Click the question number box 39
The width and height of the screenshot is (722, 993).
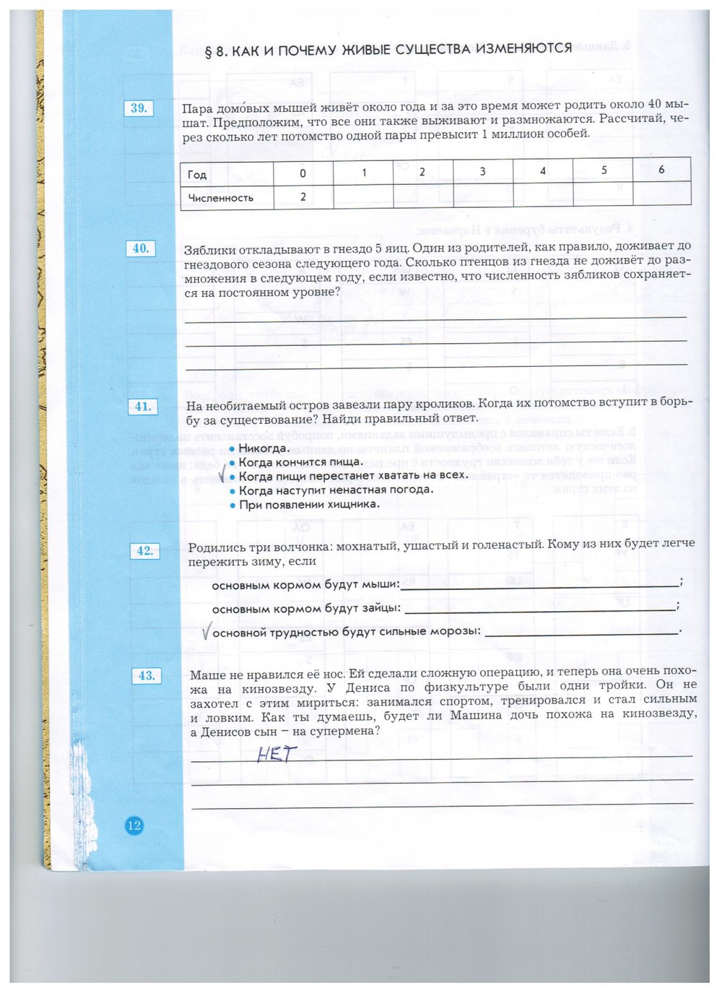139,108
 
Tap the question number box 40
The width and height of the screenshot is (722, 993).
141,248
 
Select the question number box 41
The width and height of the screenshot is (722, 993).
143,407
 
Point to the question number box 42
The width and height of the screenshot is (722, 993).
144,551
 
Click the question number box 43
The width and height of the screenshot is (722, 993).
147,676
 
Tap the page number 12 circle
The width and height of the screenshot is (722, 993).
134,825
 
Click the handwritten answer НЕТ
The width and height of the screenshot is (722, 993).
277,755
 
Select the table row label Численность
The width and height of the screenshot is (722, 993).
220,198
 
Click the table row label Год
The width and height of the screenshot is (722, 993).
197,175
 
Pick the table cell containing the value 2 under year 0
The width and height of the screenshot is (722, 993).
303,196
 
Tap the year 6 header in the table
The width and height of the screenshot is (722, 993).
661,170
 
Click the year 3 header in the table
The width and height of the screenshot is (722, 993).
482,172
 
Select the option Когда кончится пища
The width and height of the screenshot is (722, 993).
300,462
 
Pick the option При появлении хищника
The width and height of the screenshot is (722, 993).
309,505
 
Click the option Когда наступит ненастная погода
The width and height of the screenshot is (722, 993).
336,490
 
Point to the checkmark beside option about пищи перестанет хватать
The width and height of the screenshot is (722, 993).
224,474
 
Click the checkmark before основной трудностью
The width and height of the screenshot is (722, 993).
206,633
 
